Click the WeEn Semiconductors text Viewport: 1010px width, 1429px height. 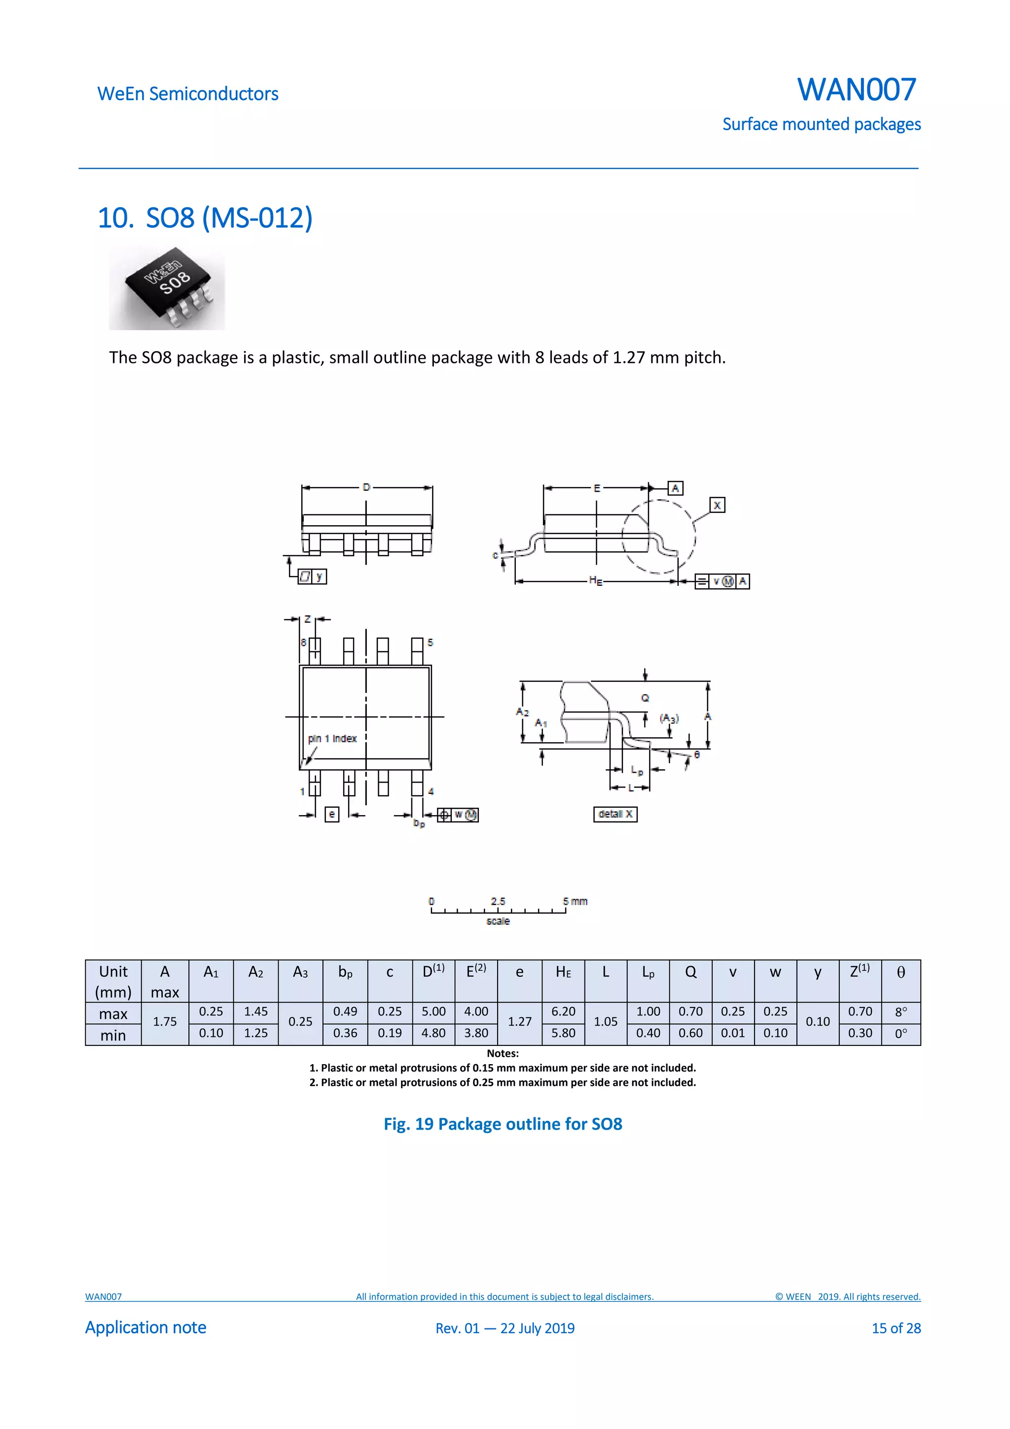(x=187, y=94)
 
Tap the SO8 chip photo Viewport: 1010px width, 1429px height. (x=167, y=287)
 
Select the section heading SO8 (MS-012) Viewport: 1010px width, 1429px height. (x=205, y=218)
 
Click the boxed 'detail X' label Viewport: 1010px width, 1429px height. (x=615, y=814)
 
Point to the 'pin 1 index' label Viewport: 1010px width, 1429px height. (x=332, y=739)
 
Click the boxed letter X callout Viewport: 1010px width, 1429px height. (x=717, y=505)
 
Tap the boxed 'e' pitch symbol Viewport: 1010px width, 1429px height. (x=332, y=814)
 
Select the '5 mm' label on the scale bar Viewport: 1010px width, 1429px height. (x=575, y=901)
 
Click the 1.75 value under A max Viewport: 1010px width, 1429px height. (x=165, y=1022)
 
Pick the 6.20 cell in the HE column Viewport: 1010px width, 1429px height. (x=563, y=1011)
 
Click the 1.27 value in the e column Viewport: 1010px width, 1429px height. (x=520, y=1022)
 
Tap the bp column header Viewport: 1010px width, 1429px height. (x=345, y=973)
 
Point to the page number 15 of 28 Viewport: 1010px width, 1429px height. (x=896, y=1328)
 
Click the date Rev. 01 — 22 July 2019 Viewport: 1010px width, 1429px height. (x=505, y=1328)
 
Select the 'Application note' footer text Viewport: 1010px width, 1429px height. (x=145, y=1327)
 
